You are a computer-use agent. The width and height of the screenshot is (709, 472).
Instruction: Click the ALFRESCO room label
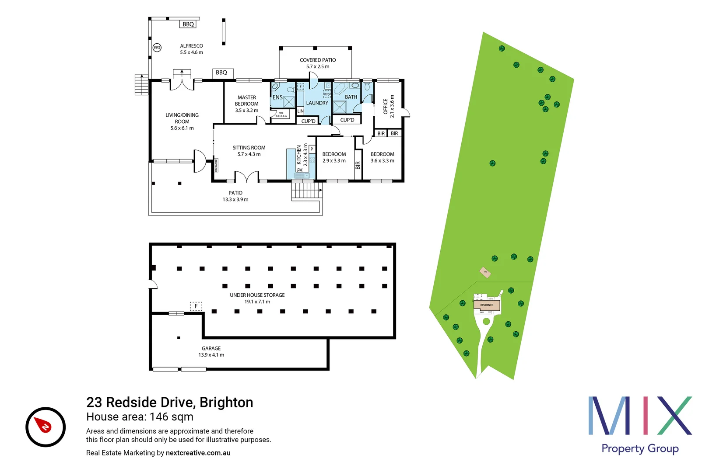coord(191,46)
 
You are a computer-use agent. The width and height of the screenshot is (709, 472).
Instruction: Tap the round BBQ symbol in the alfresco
coord(157,47)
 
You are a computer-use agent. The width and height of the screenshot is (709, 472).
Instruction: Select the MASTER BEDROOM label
coord(247,101)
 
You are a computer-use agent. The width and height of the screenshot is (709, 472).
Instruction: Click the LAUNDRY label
coord(317,103)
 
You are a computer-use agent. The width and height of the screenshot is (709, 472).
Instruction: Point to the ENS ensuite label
coord(277,97)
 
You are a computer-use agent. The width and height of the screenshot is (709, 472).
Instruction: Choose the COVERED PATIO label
coord(318,60)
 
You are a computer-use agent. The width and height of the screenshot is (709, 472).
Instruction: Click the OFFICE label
coord(386,107)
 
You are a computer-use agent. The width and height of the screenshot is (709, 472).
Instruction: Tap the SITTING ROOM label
coord(249,148)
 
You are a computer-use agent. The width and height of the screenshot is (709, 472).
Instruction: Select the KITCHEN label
coord(299,155)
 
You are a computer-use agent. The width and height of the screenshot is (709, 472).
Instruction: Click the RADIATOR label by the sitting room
coord(216,166)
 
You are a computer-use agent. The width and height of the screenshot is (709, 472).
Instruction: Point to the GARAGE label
coord(211,349)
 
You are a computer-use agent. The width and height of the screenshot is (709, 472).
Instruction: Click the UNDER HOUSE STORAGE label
coord(257,295)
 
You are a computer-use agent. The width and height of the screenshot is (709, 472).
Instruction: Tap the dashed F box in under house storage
coord(196,306)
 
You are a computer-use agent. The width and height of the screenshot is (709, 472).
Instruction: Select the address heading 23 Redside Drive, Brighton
coord(170,403)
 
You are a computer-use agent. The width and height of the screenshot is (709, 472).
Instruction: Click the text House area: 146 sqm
coord(140,417)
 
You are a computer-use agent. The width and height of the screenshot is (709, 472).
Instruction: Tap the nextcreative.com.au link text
coord(198,453)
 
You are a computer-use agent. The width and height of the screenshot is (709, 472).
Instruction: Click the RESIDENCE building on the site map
coord(487,305)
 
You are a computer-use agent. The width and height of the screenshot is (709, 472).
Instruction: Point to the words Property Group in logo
coord(640,449)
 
